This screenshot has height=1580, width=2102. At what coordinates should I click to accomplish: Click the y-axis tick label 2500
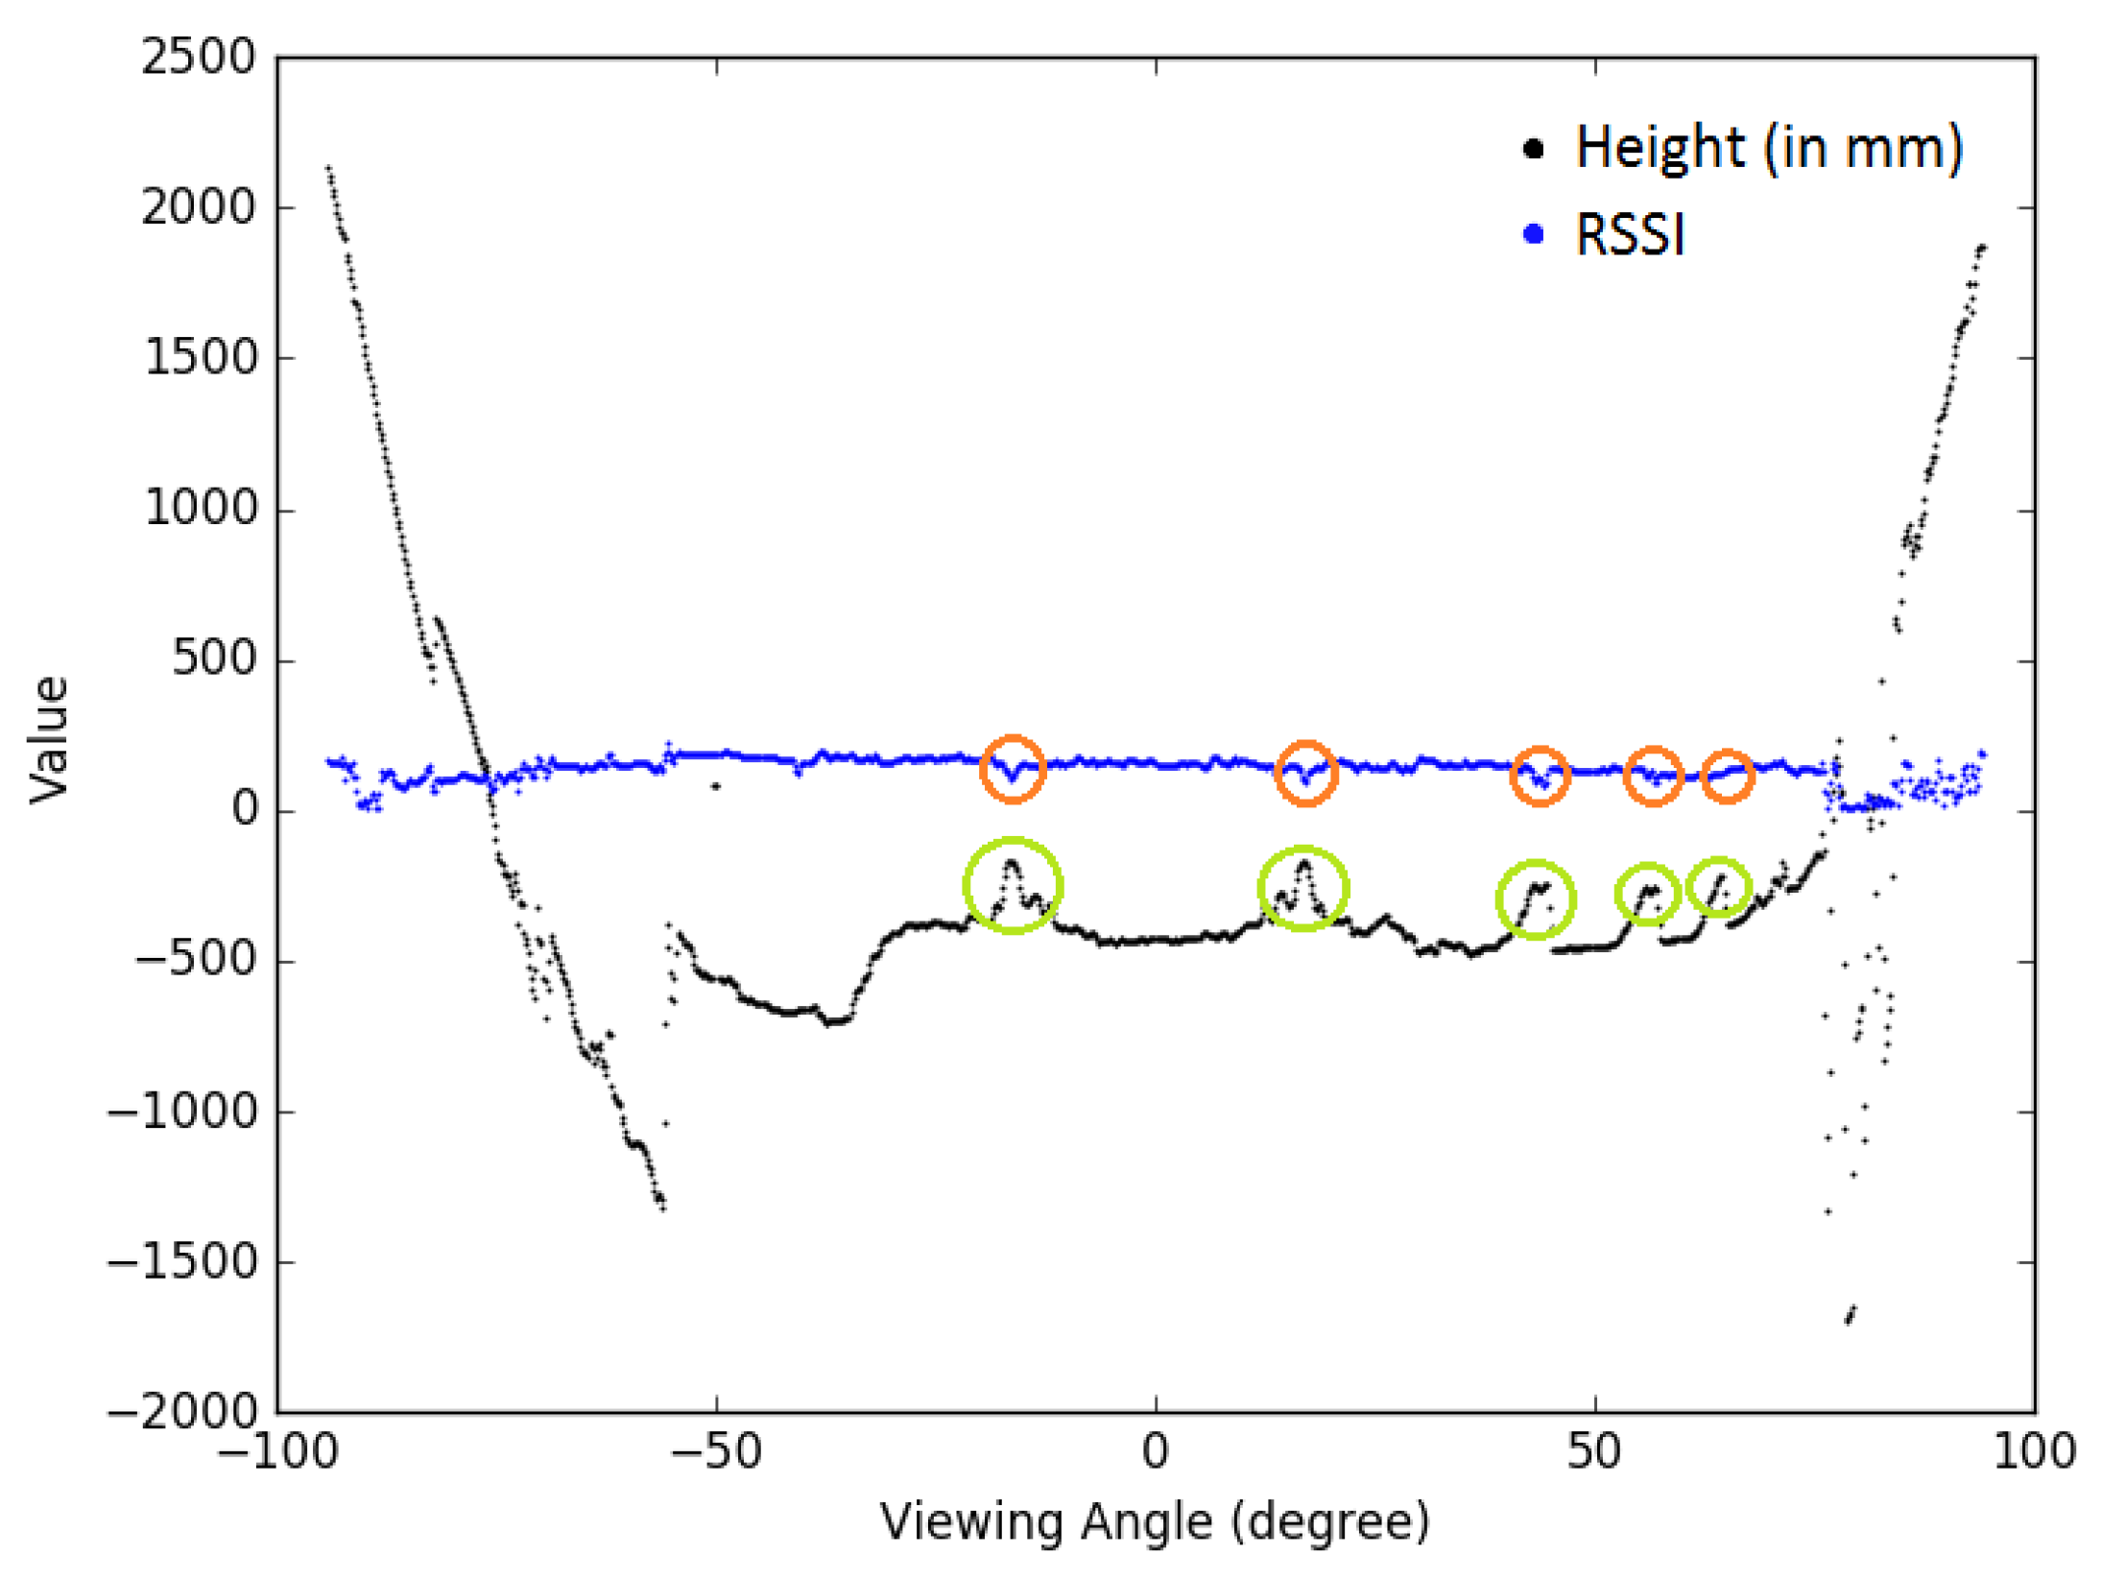coord(199,58)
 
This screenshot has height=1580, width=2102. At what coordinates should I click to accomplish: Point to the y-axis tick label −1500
coord(182,1261)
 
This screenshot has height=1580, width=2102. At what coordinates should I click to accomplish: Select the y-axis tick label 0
coord(246,810)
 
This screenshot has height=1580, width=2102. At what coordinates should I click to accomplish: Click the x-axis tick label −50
coord(715,1450)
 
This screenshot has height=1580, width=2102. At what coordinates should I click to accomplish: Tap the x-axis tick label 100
coord(2034,1450)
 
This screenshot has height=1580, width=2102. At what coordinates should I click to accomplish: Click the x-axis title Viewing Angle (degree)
coord(1155,1521)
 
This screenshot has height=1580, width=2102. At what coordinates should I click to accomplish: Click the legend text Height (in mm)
coord(1769,149)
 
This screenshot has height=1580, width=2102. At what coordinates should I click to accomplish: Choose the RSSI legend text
coord(1630,234)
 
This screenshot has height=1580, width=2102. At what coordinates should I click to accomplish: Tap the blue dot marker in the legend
coord(1533,234)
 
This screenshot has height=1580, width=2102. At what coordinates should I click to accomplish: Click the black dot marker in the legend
coord(1533,149)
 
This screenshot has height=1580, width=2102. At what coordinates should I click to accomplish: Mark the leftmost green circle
coord(1012,884)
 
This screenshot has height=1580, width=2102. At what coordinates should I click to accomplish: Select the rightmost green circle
coord(1718,887)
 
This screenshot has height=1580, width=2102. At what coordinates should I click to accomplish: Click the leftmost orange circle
coord(1012,769)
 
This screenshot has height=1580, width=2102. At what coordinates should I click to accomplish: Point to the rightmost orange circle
coord(1727,776)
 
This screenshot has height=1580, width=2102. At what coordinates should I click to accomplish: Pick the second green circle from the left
coord(1302,888)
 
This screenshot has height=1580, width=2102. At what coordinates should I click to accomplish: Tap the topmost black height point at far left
coord(328,168)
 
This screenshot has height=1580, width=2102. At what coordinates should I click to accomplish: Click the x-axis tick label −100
coord(277,1450)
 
